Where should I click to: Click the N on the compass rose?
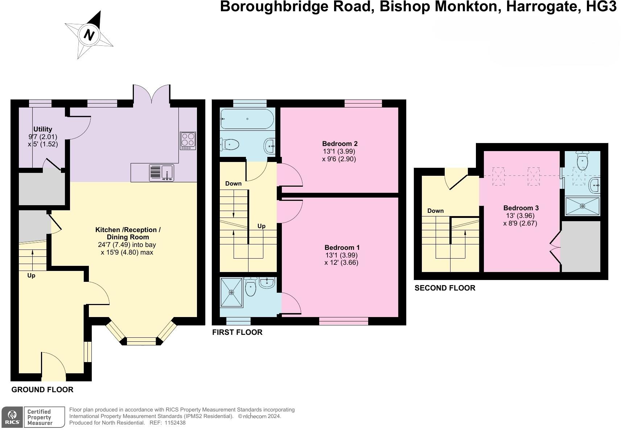pyautogui.click(x=89, y=35)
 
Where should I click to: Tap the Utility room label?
pyautogui.click(x=43, y=129)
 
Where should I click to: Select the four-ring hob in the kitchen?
pyautogui.click(x=188, y=141)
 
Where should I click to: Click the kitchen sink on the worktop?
pyautogui.click(x=162, y=173)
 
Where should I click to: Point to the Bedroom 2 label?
pyautogui.click(x=340, y=144)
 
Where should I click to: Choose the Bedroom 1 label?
pyautogui.click(x=342, y=248)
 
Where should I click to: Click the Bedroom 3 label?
pyautogui.click(x=521, y=208)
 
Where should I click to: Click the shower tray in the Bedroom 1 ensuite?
pyautogui.click(x=231, y=292)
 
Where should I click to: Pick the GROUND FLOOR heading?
pyautogui.click(x=42, y=390)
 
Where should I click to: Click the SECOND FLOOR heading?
pyautogui.click(x=445, y=288)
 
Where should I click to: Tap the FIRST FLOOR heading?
pyautogui.click(x=237, y=332)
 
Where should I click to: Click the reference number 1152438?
pyautogui.click(x=175, y=423)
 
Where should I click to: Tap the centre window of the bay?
pyautogui.click(x=141, y=341)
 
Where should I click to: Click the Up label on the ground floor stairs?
pyautogui.click(x=31, y=276)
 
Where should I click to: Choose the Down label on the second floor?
pyautogui.click(x=435, y=211)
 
